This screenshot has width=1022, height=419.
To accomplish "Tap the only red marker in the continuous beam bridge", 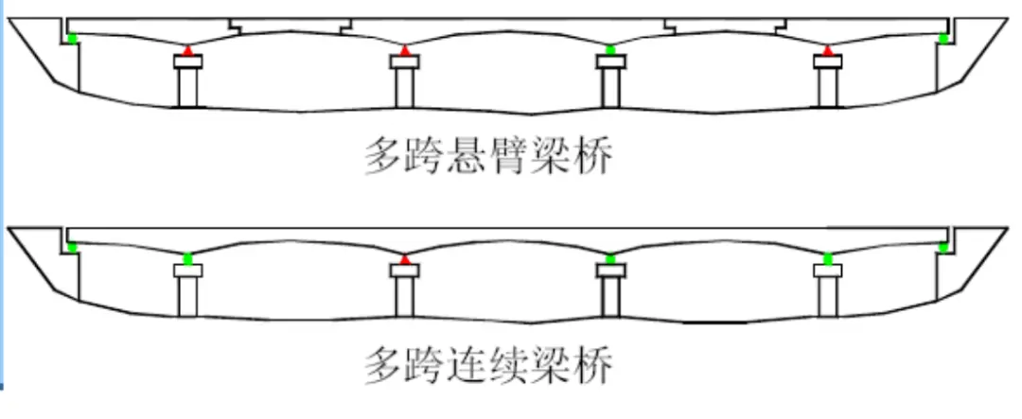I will click(405, 258).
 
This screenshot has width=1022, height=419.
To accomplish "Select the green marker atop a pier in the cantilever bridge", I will click(610, 49).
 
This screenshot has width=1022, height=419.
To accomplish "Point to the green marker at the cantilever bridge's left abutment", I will click(72, 38).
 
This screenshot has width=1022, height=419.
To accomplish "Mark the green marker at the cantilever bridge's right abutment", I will click(943, 38).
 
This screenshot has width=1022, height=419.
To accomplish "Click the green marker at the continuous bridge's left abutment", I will click(72, 247).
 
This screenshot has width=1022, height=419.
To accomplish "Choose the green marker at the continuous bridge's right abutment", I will click(943, 247).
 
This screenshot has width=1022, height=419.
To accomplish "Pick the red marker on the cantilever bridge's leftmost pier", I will click(187, 49).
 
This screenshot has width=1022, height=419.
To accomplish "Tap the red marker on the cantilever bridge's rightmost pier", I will click(828, 49).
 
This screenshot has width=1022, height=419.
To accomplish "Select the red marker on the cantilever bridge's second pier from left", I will click(405, 49).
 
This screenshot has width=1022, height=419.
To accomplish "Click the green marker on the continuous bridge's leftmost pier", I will click(187, 258).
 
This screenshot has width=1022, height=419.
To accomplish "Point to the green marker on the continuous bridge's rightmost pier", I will click(828, 258).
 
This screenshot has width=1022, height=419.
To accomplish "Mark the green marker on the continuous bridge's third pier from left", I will click(610, 258).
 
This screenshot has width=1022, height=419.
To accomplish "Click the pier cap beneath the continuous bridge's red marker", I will click(405, 271).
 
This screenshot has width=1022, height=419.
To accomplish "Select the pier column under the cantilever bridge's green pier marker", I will click(610, 88).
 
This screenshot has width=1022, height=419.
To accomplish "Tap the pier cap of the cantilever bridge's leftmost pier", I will click(187, 62).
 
